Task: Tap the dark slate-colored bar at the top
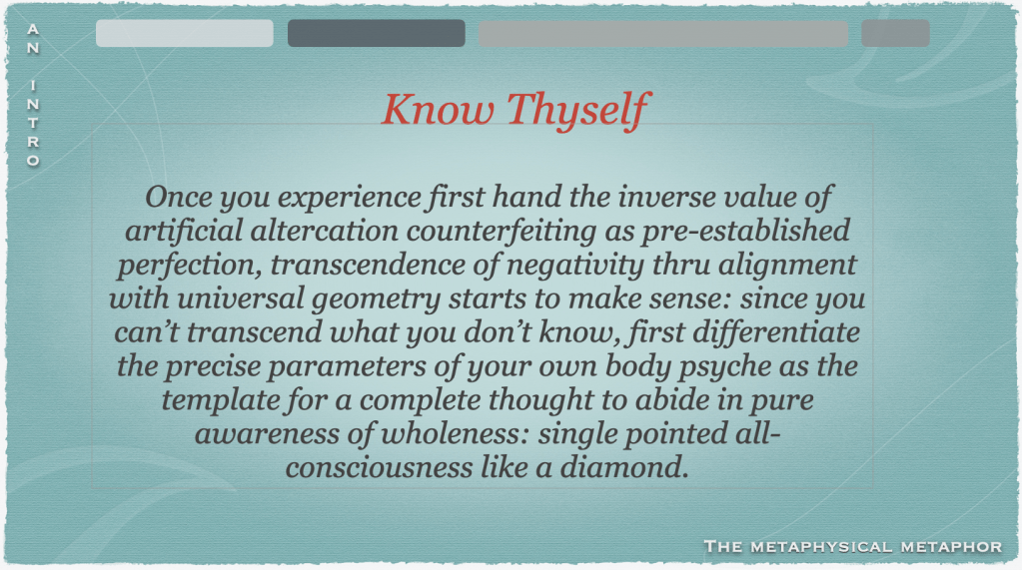376,33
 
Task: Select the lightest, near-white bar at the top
185,33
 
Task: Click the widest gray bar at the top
663,33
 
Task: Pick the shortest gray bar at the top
895,33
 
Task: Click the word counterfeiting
502,232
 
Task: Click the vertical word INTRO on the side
33,123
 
